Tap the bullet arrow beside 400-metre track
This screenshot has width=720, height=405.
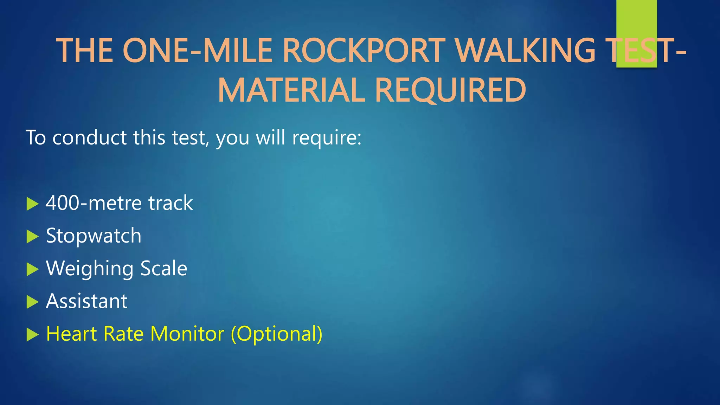32,204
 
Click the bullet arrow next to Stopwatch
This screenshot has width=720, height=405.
32,237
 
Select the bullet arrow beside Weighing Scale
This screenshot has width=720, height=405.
32,269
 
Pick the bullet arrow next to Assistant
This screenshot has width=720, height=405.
32,302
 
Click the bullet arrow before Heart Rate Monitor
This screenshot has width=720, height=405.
32,335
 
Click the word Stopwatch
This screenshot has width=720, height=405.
94,236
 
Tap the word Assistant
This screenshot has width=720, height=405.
86,301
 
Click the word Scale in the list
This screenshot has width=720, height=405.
164,268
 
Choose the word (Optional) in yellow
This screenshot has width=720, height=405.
276,334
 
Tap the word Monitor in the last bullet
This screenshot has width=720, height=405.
187,334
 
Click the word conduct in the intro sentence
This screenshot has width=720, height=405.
89,137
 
